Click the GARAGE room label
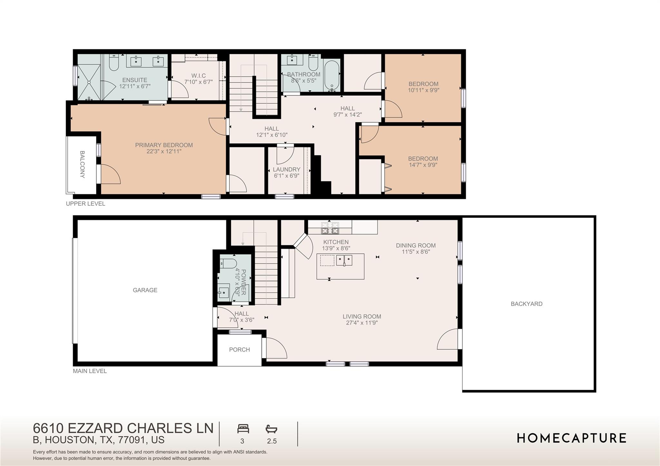point(145,290)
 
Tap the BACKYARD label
point(526,304)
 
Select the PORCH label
point(239,349)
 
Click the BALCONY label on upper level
point(82,164)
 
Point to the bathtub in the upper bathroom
point(331,75)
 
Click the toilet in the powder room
point(228,264)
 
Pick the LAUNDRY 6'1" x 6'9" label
point(286,172)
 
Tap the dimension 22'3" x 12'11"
point(164,151)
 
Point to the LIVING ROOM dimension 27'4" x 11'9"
point(362,323)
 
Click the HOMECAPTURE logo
point(571,438)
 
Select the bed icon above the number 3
point(243,429)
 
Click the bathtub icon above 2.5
point(271,429)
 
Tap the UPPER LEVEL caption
point(85,204)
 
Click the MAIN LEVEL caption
point(90,371)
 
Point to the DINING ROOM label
point(416,245)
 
